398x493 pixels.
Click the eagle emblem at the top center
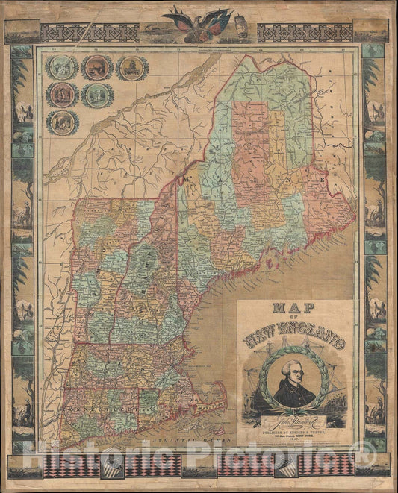click(x=198, y=20)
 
